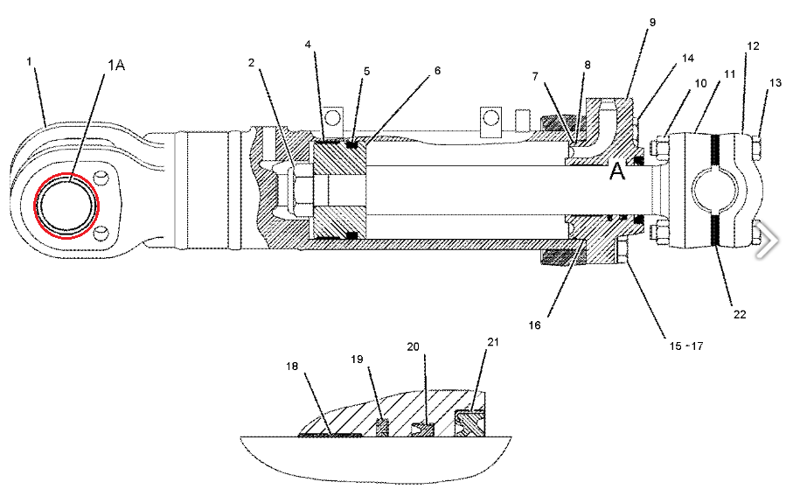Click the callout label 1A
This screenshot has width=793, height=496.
click(115, 65)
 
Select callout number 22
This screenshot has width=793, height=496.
click(740, 314)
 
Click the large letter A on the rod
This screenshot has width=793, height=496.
click(617, 171)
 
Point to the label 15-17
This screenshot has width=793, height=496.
click(685, 346)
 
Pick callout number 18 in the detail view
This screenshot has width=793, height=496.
click(292, 366)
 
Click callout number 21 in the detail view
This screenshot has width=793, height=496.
click(492, 342)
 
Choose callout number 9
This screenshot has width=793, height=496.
click(652, 22)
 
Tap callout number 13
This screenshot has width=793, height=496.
click(776, 82)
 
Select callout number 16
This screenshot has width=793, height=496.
click(534, 325)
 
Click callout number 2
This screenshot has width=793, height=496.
click(251, 63)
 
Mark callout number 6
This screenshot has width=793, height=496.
click(437, 70)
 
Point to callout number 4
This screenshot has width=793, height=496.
click(308, 45)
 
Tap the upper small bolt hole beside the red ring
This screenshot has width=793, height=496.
click(102, 178)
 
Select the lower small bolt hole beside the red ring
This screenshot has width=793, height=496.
click(101, 234)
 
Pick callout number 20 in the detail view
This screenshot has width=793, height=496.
click(414, 346)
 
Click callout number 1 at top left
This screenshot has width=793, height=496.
click(29, 61)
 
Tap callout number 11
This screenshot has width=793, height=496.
click(729, 74)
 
